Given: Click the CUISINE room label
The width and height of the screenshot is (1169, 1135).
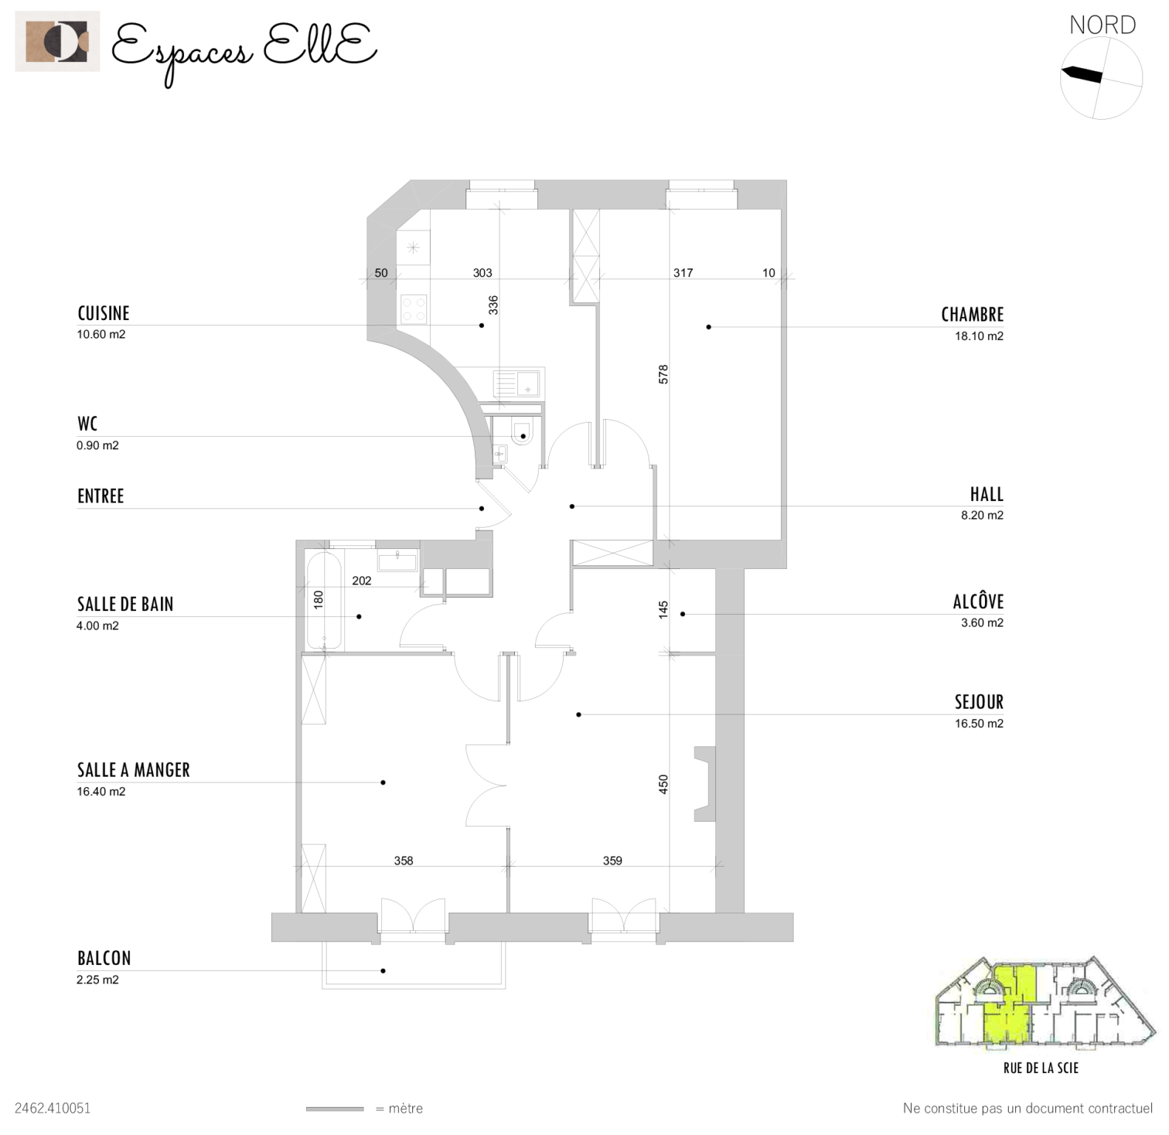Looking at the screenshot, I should (x=103, y=313).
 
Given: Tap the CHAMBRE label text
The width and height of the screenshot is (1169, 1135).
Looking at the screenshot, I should (x=972, y=315).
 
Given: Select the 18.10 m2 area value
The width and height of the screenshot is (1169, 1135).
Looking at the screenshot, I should (x=978, y=336).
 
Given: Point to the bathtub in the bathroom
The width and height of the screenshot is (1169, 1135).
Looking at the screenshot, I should (x=324, y=601).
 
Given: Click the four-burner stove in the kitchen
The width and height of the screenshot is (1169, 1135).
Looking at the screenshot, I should (x=413, y=308).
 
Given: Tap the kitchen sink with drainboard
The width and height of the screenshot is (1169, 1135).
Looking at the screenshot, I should (x=517, y=384).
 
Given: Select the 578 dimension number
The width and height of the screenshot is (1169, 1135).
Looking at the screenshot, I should (x=664, y=374).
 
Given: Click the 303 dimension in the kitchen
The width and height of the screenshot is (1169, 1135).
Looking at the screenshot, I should (x=483, y=273).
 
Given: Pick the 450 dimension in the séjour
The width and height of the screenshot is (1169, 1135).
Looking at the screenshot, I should (x=664, y=784).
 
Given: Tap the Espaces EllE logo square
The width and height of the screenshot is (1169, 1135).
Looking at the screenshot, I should (x=57, y=41).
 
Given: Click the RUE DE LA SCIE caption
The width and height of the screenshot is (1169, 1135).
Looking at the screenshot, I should (x=1040, y=1068).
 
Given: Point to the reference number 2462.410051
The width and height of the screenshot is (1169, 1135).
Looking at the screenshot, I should (x=52, y=1108).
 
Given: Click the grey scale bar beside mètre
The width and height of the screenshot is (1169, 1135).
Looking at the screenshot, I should (x=335, y=1108).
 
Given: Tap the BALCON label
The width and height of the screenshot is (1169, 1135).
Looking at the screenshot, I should (x=104, y=958).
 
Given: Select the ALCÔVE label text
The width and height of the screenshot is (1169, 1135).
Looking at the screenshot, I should (x=978, y=601).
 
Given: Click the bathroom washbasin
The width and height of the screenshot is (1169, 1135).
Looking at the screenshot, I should (x=398, y=559).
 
